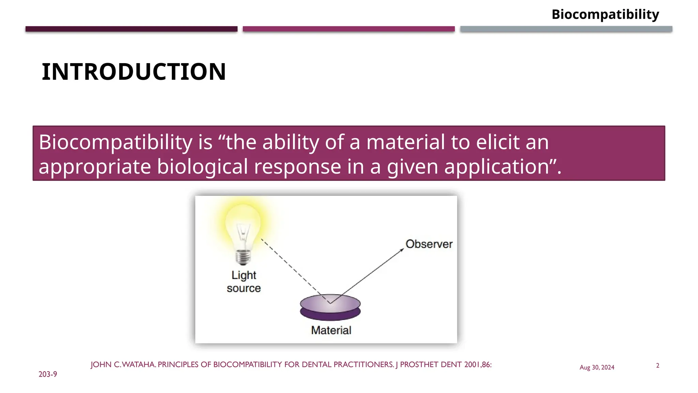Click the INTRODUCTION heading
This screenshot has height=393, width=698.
134,72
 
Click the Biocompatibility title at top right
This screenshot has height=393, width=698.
605,15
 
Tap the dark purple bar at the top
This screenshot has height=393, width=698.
131,29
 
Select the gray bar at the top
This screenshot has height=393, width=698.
566,29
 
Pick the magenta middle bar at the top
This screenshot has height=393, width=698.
348,29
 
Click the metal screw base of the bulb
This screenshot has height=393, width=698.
243,257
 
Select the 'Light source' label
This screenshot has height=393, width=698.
244,281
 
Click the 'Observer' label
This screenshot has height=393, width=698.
429,244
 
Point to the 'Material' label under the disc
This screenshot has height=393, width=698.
331,330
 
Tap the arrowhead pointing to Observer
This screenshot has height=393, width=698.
402,250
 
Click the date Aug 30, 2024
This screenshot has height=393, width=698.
597,367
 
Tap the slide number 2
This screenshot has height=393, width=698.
657,366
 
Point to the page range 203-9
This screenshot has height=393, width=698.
48,374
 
